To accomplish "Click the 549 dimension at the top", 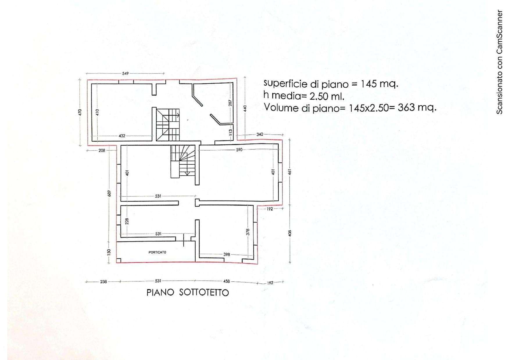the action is click(x=125, y=73).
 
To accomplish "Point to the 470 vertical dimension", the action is click(x=80, y=112).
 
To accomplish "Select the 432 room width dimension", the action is click(x=122, y=136).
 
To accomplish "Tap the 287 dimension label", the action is click(x=230, y=103).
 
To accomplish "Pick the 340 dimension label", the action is click(x=260, y=134).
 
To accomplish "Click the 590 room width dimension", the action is click(x=239, y=150).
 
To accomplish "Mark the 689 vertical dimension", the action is click(x=109, y=193).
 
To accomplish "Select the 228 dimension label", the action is click(x=127, y=221).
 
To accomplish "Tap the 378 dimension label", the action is click(x=248, y=232).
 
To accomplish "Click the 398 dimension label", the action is click(x=227, y=254).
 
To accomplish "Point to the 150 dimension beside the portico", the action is click(x=109, y=252).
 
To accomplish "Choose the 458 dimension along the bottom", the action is click(x=226, y=281).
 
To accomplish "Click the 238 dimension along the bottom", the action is click(x=103, y=281).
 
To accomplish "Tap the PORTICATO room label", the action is click(x=157, y=252).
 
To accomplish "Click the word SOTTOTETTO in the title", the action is click(x=204, y=292).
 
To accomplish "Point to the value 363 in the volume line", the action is click(x=406, y=108).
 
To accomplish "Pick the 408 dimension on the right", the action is click(x=290, y=233).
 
